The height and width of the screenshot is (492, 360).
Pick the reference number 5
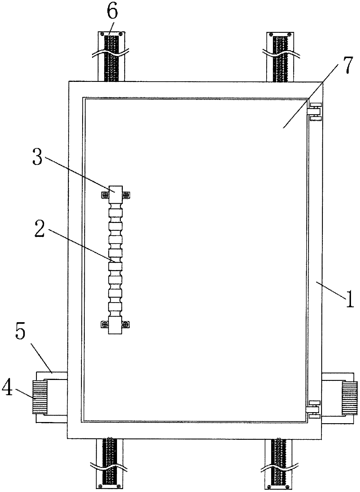20,334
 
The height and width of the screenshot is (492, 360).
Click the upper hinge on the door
314,111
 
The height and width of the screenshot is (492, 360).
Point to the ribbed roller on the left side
40,397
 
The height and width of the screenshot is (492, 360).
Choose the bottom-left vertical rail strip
109,462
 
